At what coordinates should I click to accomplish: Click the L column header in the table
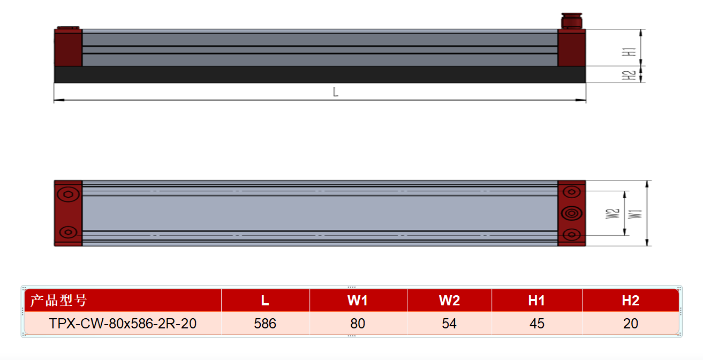(x=265, y=301)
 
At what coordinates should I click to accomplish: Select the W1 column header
(x=358, y=301)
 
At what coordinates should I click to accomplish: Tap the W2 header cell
(x=449, y=301)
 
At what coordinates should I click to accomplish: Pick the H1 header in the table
(x=536, y=301)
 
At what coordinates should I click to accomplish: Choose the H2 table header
(x=631, y=301)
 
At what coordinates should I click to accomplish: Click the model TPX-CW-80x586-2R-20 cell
(x=123, y=323)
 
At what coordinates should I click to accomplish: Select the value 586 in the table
(x=265, y=323)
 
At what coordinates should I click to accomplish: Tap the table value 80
(x=358, y=323)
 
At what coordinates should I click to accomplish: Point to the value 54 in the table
(x=449, y=323)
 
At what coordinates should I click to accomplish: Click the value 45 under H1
(x=536, y=323)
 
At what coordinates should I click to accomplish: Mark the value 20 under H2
(x=631, y=323)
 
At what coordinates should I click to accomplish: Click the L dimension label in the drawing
(x=336, y=92)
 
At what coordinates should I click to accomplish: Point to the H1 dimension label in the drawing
(x=629, y=52)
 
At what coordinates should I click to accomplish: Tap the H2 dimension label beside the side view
(x=629, y=76)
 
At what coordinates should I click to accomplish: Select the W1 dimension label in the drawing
(x=635, y=214)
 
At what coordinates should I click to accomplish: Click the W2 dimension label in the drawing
(x=613, y=214)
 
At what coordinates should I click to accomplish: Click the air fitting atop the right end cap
(x=571, y=21)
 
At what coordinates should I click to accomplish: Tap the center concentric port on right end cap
(x=571, y=213)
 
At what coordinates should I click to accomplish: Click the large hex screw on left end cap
(x=68, y=194)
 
